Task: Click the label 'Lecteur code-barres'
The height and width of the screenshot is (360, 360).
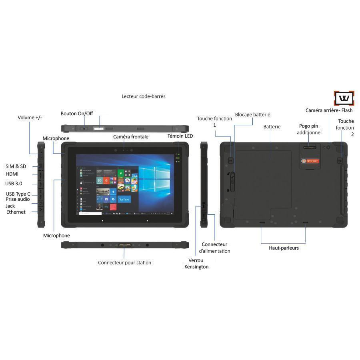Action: tap(143, 96)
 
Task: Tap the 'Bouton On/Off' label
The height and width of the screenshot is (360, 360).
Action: tap(77, 114)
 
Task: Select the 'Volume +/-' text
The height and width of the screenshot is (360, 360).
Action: tap(30, 118)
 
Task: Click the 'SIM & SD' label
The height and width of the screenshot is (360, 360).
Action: tap(16, 166)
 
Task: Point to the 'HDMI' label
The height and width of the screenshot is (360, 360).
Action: tap(12, 174)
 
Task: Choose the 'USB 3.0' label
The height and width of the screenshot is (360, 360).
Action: tap(14, 184)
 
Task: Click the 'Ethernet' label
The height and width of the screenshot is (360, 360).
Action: tap(16, 212)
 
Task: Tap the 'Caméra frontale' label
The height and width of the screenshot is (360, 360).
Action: tap(131, 137)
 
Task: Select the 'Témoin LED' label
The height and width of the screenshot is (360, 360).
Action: tap(180, 136)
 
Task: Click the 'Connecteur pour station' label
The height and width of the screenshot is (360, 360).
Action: tap(125, 263)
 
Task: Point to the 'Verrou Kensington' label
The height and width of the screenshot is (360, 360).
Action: tap(196, 264)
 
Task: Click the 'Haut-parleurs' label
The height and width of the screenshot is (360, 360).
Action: tap(284, 248)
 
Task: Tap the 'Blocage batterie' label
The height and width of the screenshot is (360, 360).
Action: tap(252, 115)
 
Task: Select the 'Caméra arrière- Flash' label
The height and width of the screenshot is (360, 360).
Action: tap(329, 110)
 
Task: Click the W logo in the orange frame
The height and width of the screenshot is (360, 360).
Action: tap(344, 98)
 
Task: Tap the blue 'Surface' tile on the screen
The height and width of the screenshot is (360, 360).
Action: tap(124, 199)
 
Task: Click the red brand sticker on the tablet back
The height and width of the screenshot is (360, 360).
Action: tap(310, 161)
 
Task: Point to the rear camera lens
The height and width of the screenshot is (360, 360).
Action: tap(329, 147)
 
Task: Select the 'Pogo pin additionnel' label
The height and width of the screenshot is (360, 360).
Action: tap(309, 129)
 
